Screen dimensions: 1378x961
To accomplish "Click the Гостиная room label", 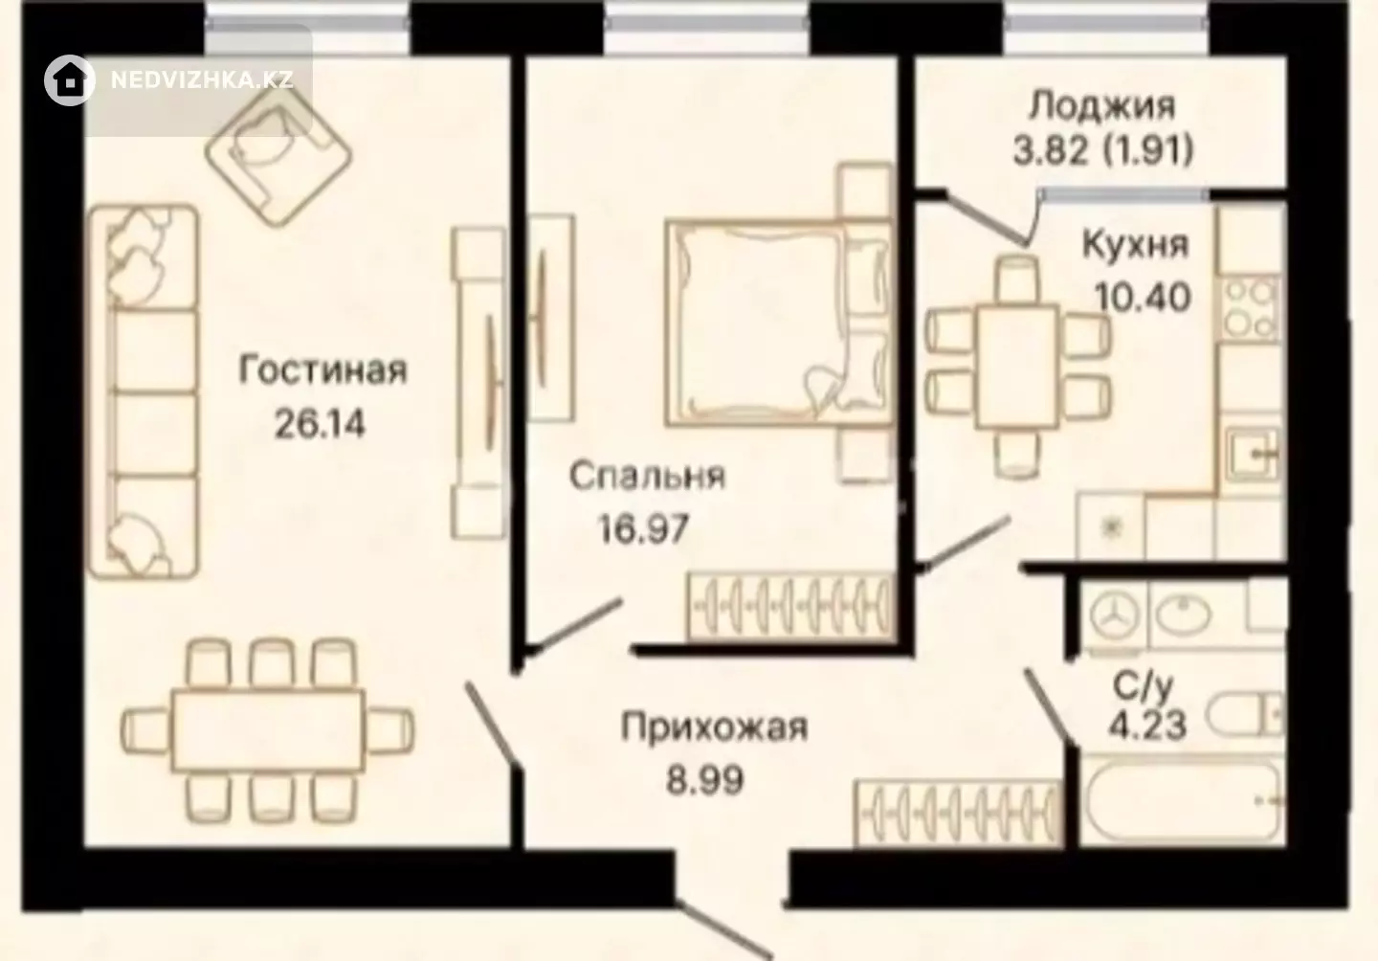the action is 323,370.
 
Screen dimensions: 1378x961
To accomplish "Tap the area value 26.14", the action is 320,424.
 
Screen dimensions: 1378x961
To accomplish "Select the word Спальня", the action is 647,477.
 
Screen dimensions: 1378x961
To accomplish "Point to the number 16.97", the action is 643,528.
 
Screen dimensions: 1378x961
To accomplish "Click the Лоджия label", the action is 1102,106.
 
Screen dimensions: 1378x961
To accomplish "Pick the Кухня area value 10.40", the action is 1143,297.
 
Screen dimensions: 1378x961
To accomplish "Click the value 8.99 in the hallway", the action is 705,780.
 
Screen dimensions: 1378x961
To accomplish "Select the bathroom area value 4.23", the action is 1147,725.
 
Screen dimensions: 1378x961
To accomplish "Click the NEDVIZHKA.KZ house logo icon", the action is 70,80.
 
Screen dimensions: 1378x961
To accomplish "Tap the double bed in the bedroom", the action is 779,323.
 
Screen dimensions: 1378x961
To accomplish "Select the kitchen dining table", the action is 1017,367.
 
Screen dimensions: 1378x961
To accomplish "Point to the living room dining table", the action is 268,731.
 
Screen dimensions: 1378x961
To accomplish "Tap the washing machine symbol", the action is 1114,616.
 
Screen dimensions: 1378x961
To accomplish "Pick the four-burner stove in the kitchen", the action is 1251,308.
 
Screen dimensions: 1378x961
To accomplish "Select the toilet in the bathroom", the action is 1244,715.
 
